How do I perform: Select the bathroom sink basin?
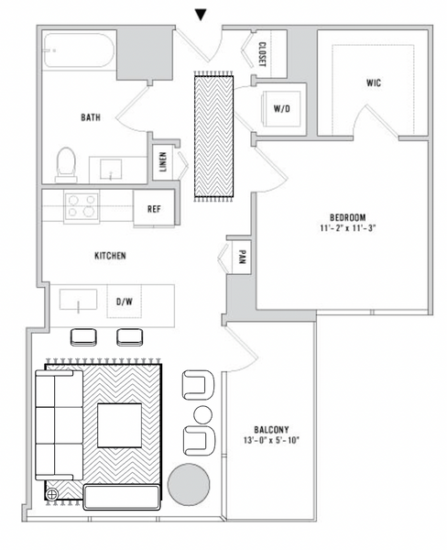pyautogui.click(x=112, y=169)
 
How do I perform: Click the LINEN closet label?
pyautogui.click(x=163, y=162)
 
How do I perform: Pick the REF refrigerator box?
pyautogui.click(x=155, y=209)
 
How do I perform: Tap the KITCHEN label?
pyautogui.click(x=110, y=256)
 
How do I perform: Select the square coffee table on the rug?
pyautogui.click(x=119, y=424)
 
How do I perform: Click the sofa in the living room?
pyautogui.click(x=57, y=424)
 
